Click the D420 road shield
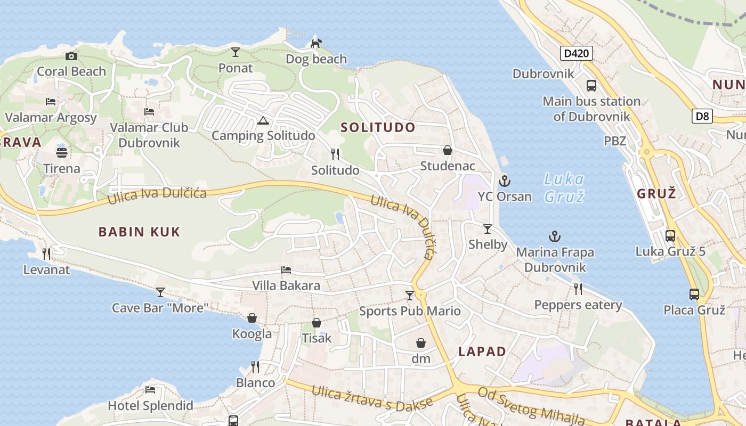pos(577,53)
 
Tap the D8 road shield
pos(702,116)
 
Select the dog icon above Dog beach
pos(316,43)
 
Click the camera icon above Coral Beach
pos(71,56)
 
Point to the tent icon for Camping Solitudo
pos(262,120)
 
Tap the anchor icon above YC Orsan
pos(505,181)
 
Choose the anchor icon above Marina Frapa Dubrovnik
pos(555,236)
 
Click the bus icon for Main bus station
pos(591,85)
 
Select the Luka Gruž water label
pos(564,187)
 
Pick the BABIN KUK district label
pos(140,232)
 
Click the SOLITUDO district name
pos(378,127)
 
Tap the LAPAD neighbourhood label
pos(482,351)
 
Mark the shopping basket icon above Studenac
pos(448,151)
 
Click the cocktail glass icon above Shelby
pos(488,229)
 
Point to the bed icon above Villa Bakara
pos(286,271)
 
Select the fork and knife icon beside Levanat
pos(46,254)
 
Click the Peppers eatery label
pos(578,305)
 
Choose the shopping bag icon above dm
pos(421,343)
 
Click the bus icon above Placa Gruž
pos(694,294)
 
